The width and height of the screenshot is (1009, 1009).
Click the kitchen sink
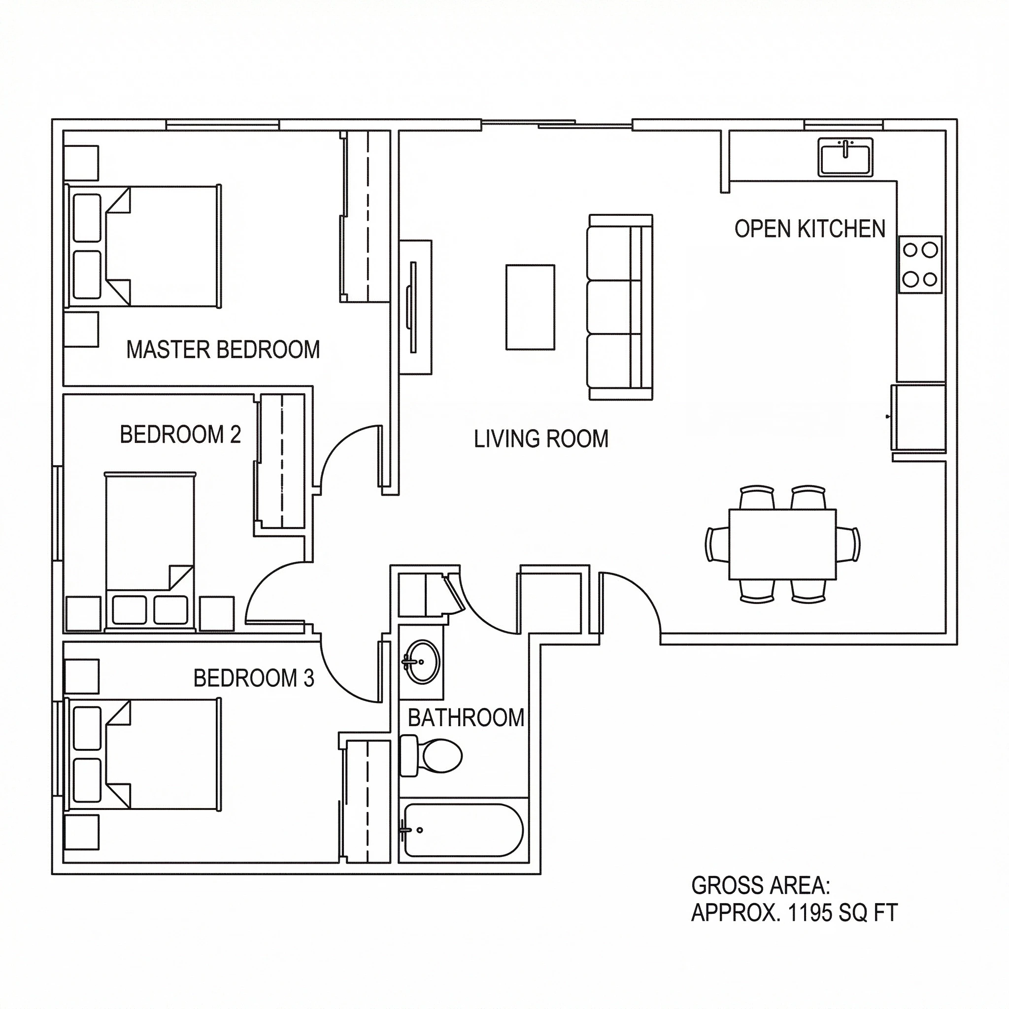point(844,157)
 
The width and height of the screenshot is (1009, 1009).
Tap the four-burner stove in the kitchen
point(920,265)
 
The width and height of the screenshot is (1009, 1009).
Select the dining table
point(782,544)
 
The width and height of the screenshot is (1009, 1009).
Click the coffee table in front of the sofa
point(530,307)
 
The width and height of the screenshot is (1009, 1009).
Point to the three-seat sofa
point(620,307)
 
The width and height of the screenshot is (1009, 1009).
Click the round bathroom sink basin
point(423,662)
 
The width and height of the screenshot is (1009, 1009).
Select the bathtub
point(463,830)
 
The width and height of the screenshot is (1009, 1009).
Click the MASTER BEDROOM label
point(223,350)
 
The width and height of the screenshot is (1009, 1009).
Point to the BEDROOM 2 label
point(180,435)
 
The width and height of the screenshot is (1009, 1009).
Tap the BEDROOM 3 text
point(254,678)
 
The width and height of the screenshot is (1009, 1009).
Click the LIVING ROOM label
point(541,438)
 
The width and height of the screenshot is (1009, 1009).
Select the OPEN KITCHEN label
point(809,229)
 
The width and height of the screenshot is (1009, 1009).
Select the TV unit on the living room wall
point(416,307)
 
